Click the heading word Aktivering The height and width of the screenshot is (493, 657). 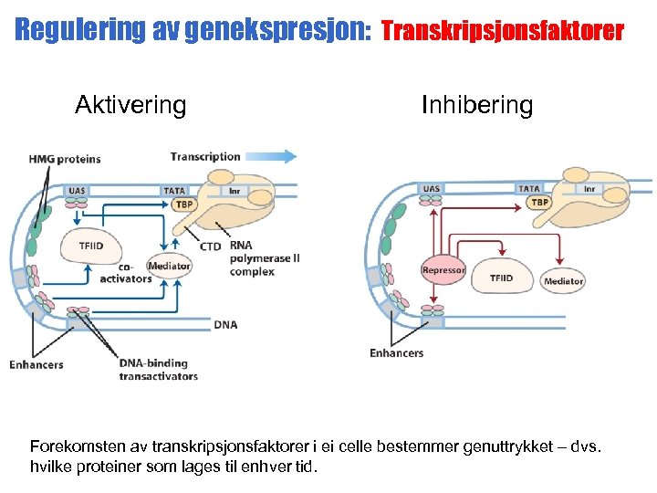(130, 105)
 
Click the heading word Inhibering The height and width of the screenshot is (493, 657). (477, 105)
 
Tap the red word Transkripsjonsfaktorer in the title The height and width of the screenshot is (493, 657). (502, 31)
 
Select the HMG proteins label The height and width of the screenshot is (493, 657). (65, 159)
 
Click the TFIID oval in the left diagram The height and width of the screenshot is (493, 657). (91, 246)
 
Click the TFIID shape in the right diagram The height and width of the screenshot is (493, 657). (501, 278)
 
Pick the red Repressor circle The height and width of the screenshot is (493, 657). (443, 270)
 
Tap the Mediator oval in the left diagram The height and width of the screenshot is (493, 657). (169, 266)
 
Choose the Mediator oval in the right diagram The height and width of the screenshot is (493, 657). (563, 281)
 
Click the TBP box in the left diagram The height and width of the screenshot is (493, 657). (184, 205)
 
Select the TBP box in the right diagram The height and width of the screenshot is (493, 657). (539, 202)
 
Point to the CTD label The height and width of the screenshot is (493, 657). (211, 246)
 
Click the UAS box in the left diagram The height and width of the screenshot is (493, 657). (78, 191)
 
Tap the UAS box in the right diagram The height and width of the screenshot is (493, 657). (431, 189)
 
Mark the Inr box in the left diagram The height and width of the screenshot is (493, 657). (235, 191)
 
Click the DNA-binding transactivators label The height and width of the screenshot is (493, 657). (158, 369)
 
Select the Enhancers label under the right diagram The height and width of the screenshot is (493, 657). (396, 353)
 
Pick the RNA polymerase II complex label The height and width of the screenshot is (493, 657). (265, 258)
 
